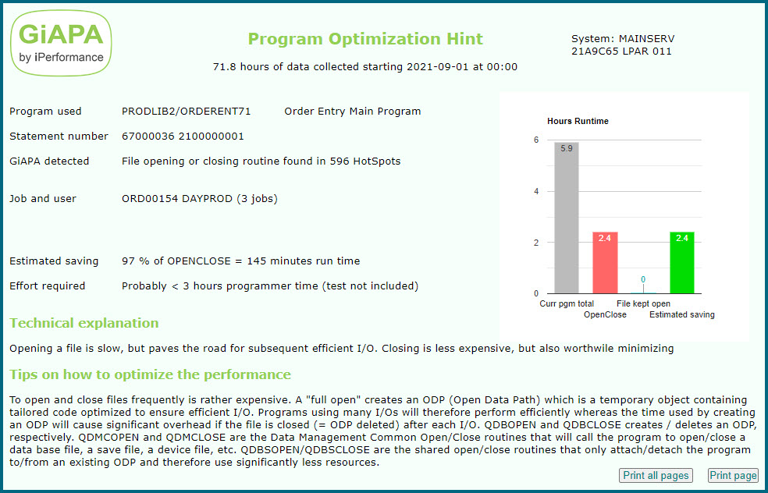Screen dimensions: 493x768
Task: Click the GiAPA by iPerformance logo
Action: pos(62,43)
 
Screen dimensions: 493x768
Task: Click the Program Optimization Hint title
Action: pos(365,39)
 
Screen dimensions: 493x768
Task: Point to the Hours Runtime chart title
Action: pos(578,121)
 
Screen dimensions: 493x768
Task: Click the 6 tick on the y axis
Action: pos(535,140)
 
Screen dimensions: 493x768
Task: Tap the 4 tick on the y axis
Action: pos(535,191)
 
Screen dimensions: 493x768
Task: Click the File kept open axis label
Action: pos(643,303)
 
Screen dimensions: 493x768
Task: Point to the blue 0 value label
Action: pos(643,279)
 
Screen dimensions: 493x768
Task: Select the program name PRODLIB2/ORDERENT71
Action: pos(187,112)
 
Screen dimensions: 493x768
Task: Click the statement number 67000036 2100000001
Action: pos(183,137)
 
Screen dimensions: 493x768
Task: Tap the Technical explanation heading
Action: pos(84,323)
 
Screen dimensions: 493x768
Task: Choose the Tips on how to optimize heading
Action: pos(150,374)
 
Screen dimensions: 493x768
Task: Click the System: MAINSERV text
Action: pos(623,38)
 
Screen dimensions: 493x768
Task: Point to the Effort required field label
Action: pos(47,286)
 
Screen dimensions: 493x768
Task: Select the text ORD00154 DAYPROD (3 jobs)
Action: pos(199,199)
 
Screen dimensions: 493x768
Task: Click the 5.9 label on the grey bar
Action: pos(567,148)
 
